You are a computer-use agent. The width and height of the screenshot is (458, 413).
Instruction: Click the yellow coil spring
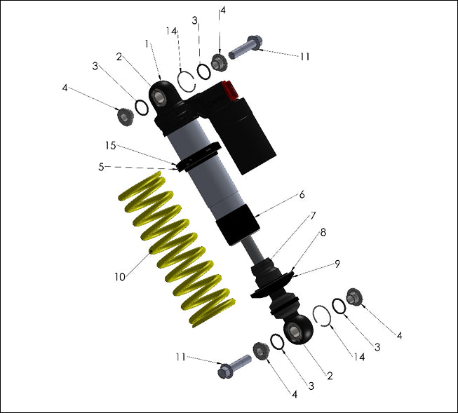[175, 249]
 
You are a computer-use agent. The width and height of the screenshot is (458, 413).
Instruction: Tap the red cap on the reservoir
[227, 91]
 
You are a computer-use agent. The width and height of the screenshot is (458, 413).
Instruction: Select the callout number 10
[120, 277]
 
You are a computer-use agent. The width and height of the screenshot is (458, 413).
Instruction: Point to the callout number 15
[110, 145]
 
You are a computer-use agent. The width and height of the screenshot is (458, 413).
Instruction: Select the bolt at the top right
[245, 48]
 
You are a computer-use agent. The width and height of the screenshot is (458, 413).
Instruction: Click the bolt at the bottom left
[235, 366]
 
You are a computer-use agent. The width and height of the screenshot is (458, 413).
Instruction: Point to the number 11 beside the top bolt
[303, 56]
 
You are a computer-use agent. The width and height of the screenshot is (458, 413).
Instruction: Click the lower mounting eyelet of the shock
[298, 330]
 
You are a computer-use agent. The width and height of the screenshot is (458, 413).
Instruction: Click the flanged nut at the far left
[126, 116]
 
